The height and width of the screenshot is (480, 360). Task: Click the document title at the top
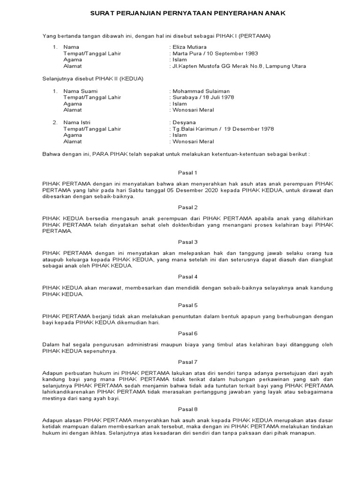point(187,14)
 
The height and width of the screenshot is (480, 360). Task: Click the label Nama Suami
point(78,91)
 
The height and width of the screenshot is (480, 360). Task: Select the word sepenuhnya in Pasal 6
point(101,351)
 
